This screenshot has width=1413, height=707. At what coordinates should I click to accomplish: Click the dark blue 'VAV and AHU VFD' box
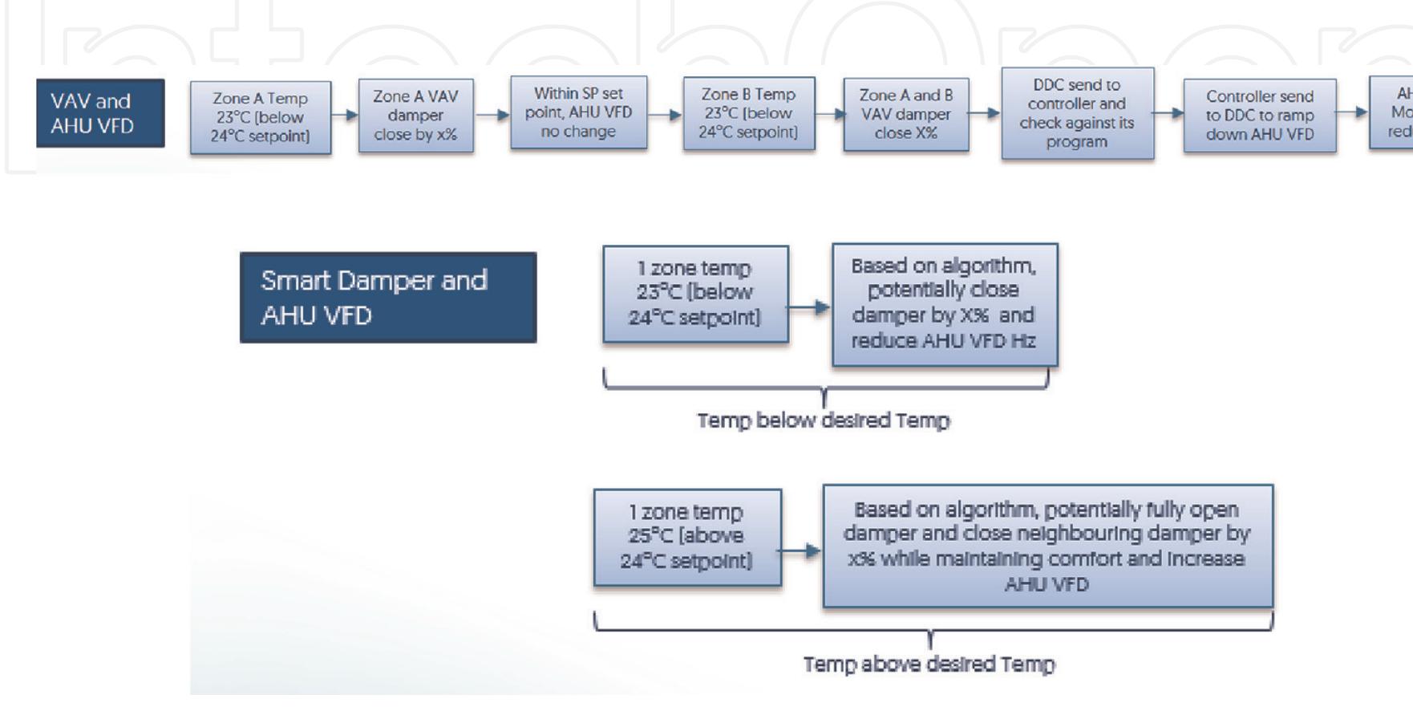[x=100, y=113]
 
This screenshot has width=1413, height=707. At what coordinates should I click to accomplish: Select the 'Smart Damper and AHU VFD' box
[x=388, y=298]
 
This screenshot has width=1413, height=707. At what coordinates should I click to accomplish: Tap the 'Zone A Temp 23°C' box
[x=260, y=117]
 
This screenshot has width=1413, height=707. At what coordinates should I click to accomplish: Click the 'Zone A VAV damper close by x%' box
[x=415, y=116]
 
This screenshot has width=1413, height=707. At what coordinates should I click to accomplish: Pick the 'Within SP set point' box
[x=578, y=112]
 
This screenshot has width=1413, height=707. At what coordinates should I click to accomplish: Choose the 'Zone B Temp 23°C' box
[x=748, y=113]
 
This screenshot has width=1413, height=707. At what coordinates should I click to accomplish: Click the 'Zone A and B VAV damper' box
[x=905, y=114]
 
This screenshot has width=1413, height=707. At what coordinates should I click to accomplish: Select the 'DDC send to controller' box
[x=1077, y=113]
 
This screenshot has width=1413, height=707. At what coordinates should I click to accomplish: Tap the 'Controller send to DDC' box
[x=1259, y=115]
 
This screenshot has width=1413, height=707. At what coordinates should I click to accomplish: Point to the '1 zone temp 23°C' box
[x=695, y=294]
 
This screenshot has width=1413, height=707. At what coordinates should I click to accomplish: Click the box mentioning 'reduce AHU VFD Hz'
[x=944, y=304]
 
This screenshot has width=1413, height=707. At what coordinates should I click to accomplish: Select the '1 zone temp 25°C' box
[x=687, y=537]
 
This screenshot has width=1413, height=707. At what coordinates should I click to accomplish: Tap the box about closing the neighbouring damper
[x=1047, y=546]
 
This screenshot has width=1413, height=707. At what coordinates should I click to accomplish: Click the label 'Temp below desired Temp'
[x=823, y=421]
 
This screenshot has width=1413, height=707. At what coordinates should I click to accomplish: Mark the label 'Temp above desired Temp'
[x=929, y=664]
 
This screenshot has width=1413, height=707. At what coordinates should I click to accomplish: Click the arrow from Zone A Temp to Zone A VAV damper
[x=345, y=115]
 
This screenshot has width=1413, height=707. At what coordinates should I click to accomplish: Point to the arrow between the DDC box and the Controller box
[x=1168, y=113]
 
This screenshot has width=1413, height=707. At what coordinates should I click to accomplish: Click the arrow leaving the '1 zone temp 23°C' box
[x=810, y=307]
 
